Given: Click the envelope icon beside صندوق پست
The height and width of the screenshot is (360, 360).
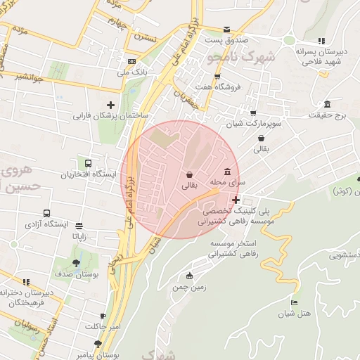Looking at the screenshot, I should click(226, 30).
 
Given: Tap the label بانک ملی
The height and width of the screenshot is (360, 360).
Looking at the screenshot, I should click(113, 72).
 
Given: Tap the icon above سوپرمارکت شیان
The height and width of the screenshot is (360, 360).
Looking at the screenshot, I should click(253, 112).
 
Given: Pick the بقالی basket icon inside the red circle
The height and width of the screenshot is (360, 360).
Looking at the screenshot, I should click(189, 175).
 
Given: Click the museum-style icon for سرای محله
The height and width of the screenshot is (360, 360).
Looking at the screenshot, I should click(227, 172).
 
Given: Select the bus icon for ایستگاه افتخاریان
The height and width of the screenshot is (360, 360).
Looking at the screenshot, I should click(87, 163).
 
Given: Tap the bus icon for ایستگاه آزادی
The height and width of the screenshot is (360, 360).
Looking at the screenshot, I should click(46, 213).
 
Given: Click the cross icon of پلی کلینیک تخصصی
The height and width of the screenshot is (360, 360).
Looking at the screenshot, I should click(236, 200).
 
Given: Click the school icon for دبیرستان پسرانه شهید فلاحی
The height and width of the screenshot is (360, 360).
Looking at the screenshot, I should click(321, 41).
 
